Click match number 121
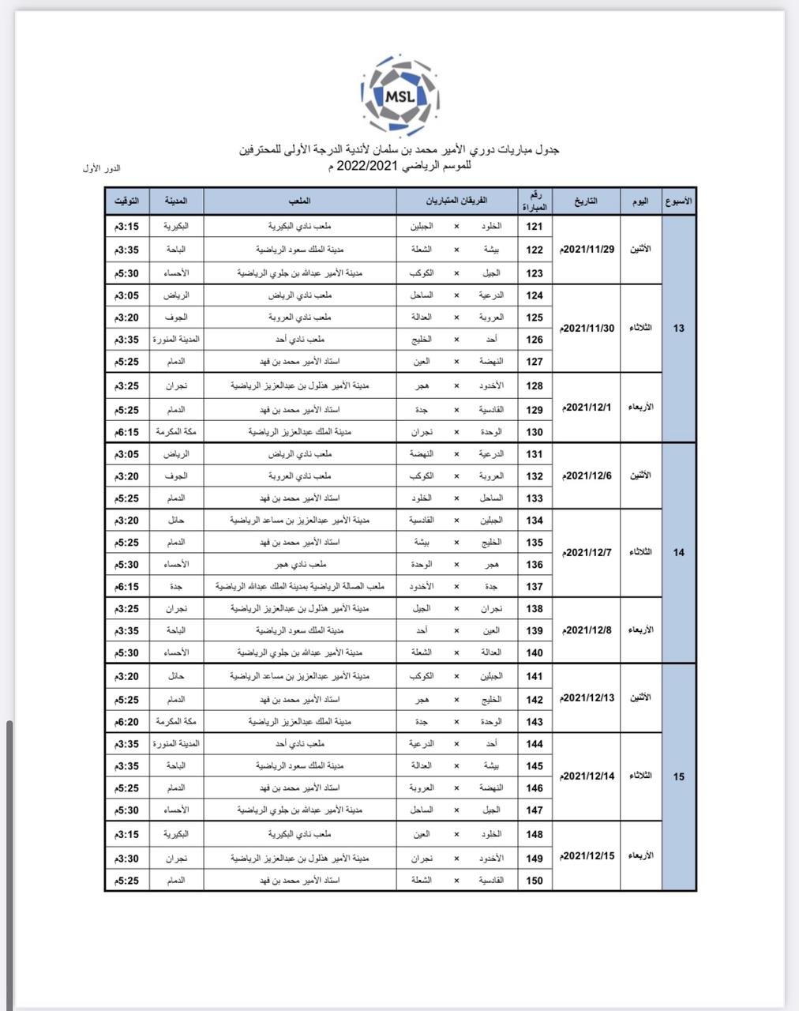(535, 227)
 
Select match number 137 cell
(535, 587)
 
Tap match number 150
(535, 881)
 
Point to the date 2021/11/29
(587, 249)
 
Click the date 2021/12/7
(587, 552)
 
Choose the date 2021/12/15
(587, 856)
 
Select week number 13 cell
(679, 329)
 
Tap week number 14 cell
(679, 552)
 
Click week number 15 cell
(679, 777)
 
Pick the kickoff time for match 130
(127, 432)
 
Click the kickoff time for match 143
(127, 722)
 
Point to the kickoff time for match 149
(127, 859)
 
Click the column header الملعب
(300, 201)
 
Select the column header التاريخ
(586, 201)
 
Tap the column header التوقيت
(127, 201)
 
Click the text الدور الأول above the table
(101, 168)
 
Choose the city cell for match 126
(176, 340)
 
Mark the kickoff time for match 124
(127, 295)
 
